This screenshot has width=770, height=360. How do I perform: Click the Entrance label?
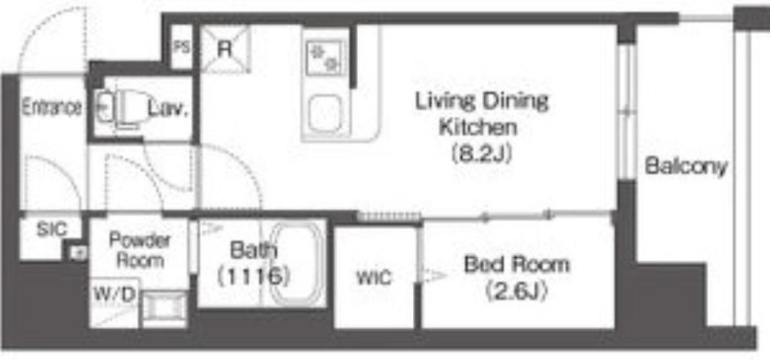pyautogui.click(x=52, y=107)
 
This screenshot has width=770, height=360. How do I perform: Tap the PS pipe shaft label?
pyautogui.click(x=182, y=47)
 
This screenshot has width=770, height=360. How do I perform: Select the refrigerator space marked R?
pyautogui.click(x=225, y=49)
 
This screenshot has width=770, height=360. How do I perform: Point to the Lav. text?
pyautogui.click(x=168, y=110)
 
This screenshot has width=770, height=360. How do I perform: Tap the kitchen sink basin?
pyautogui.click(x=325, y=115)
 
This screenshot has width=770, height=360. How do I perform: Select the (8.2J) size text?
pyautogui.click(x=482, y=154)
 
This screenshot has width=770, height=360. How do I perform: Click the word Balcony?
pyautogui.click(x=685, y=167)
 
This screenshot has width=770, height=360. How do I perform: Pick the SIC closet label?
pyautogui.click(x=52, y=229)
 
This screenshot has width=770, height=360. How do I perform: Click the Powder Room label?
pyautogui.click(x=140, y=250)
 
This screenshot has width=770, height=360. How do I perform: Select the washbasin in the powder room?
pyautogui.click(x=164, y=308)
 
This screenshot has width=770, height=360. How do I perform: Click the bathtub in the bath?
pyautogui.click(x=296, y=264)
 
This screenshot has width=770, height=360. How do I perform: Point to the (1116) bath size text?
pyautogui.click(x=252, y=276)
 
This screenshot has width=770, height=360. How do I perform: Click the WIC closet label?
pyautogui.click(x=374, y=278)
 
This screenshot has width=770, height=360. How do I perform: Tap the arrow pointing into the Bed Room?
pyautogui.click(x=431, y=275)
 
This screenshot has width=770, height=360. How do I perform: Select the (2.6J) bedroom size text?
pyautogui.click(x=517, y=294)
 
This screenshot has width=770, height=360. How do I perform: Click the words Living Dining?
pyautogui.click(x=482, y=102)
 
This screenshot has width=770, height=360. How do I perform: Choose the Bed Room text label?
pyautogui.click(x=517, y=266)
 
